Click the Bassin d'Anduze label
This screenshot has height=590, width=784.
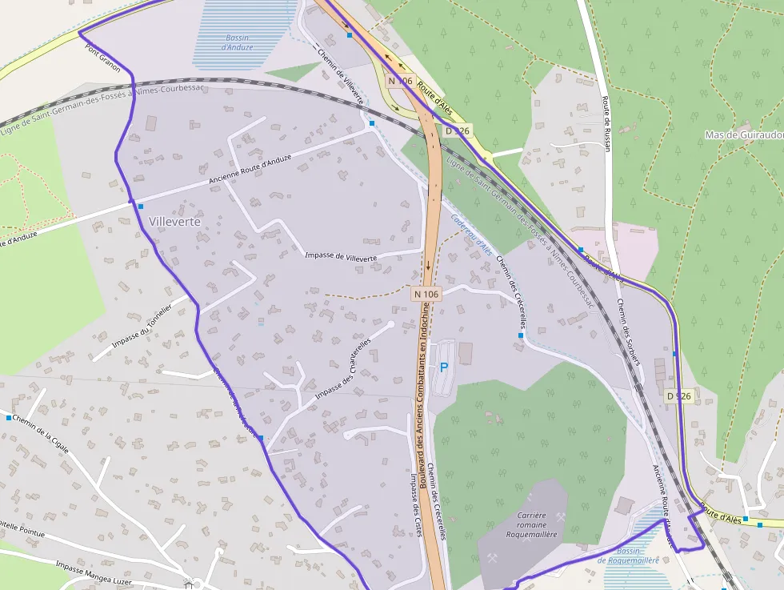238,42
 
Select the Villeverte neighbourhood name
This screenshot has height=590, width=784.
174,221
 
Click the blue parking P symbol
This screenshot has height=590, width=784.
443,367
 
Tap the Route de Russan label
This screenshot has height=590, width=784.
606,123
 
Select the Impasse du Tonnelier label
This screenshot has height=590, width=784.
142,327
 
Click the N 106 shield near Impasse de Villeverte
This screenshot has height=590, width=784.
426,294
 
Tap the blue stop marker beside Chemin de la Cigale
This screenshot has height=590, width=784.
9,418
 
